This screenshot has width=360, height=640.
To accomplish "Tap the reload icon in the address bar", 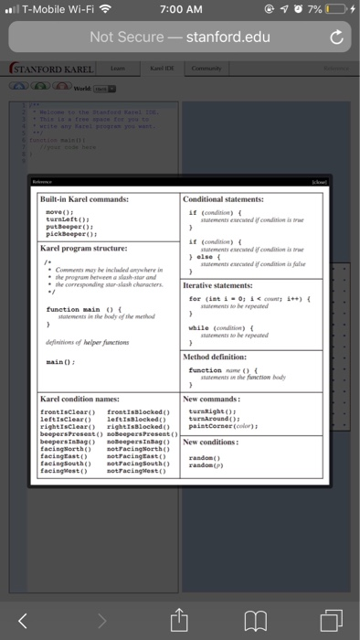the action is click(336, 37).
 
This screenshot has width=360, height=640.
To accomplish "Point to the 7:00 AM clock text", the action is click(179, 9).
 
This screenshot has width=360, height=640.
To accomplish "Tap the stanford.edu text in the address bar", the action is click(228, 37).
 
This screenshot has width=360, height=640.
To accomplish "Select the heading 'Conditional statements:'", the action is click(225, 198).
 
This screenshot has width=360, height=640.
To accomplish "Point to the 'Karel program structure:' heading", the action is click(84, 248).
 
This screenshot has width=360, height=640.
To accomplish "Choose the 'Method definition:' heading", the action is click(217, 357).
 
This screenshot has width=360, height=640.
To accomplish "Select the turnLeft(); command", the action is click(66, 219).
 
